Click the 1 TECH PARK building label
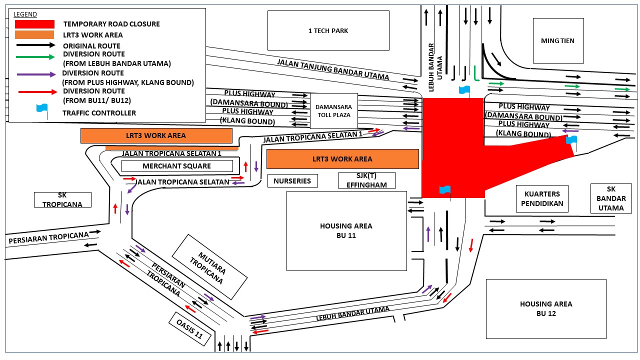pos(328,30)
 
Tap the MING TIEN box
pos(558,40)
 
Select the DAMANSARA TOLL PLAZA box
pos(333,110)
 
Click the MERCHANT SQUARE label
pos(177,166)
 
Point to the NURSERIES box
pos(292,181)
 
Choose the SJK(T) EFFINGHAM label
pos(366,180)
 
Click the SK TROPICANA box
pos(62,199)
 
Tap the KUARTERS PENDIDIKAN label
pos(542,198)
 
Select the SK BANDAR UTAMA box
pos(611,198)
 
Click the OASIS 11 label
pos(189,329)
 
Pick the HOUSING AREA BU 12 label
pos(545,308)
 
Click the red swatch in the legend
pos(34,24)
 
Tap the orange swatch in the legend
pos(34,35)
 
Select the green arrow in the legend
pos(35,57)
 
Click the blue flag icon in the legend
pos(41,109)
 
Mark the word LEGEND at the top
pos(25,14)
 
